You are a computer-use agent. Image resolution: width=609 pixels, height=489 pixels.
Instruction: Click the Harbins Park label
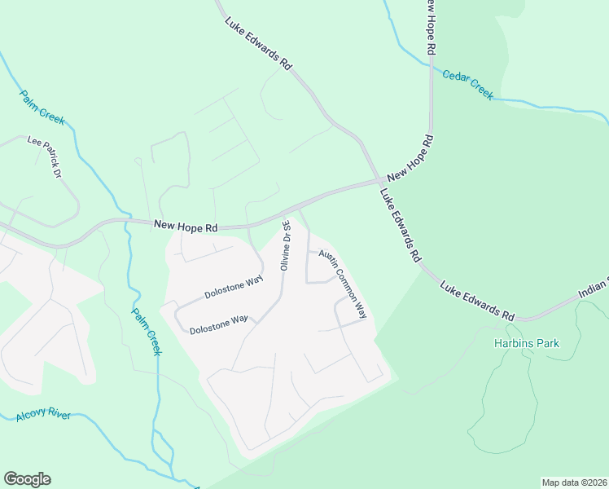527,343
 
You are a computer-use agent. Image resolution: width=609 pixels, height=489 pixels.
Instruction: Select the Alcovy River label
43,416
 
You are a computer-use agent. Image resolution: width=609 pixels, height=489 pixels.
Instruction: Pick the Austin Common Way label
343,284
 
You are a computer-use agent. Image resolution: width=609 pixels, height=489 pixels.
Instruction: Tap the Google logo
27,478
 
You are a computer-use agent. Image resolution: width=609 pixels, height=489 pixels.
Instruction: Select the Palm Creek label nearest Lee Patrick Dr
42,107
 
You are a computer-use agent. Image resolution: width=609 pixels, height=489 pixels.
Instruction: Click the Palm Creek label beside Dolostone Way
147,330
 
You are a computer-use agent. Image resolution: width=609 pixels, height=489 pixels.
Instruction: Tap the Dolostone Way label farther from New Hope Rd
218,324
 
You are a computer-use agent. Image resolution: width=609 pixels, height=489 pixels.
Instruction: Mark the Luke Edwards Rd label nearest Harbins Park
478,302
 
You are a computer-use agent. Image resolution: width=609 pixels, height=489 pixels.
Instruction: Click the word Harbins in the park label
512,343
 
